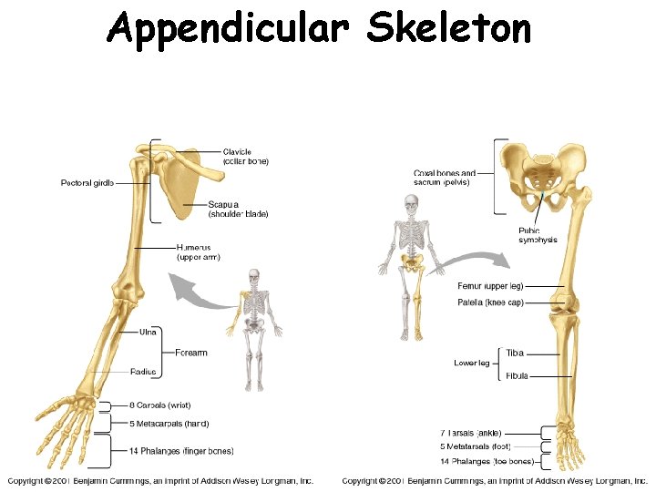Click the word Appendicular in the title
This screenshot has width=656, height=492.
click(x=227, y=29)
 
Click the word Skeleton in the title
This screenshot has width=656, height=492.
click(x=448, y=29)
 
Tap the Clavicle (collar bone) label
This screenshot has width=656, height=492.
click(x=245, y=157)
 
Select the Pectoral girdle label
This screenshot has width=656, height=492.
click(x=87, y=183)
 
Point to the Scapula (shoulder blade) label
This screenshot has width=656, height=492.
click(x=238, y=210)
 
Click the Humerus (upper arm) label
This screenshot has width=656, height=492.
click(x=199, y=252)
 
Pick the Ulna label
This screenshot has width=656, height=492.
click(x=148, y=333)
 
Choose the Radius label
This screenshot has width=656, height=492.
click(x=143, y=372)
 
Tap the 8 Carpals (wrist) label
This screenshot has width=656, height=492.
click(x=160, y=405)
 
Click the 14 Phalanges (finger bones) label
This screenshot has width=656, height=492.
click(x=181, y=451)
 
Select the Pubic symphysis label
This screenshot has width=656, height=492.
click(x=538, y=235)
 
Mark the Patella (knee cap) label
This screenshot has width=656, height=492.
click(x=490, y=302)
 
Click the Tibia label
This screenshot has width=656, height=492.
click(x=515, y=354)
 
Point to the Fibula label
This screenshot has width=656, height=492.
click(x=517, y=375)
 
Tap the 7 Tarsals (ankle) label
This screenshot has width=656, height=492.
click(x=470, y=433)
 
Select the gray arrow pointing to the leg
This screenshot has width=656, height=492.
click(x=475, y=260)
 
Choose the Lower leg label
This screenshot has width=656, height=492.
click(x=472, y=364)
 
